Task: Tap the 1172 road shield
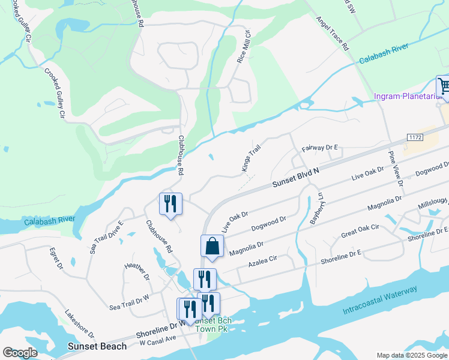pos(415,137)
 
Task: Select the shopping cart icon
pos(444,86)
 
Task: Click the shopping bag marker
pos(212,246)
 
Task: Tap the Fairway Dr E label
pos(321,148)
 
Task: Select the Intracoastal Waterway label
pos(380,302)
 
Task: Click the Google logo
pos(20,353)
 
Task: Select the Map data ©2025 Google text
pos(411,355)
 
